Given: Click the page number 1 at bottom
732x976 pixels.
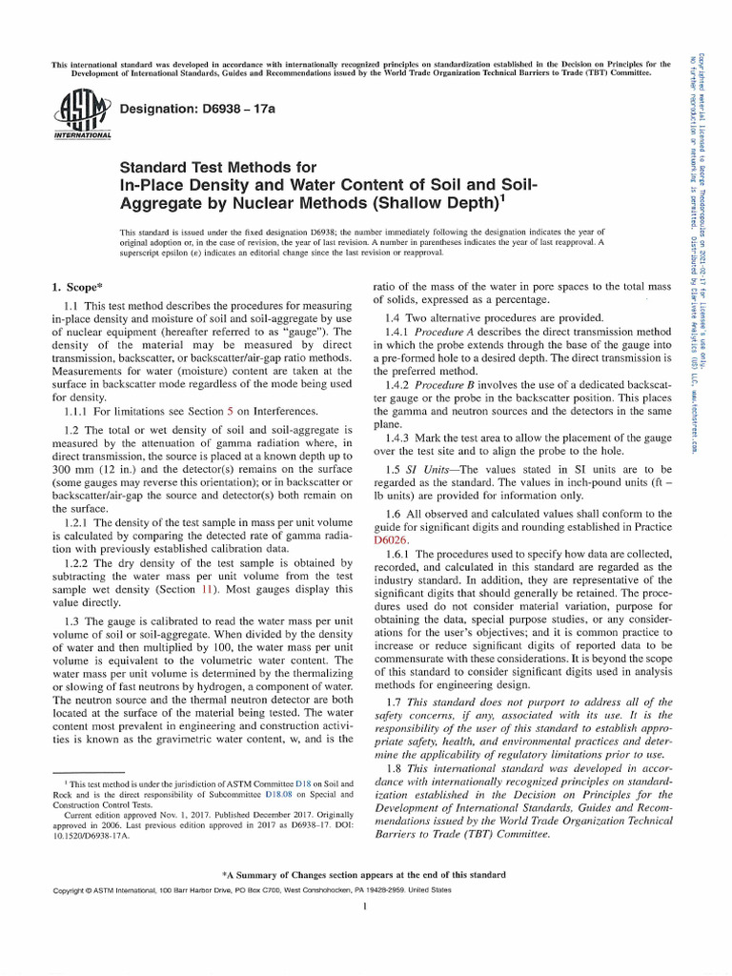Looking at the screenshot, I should click(x=366, y=906).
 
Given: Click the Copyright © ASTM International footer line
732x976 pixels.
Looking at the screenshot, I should click(x=238, y=890).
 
